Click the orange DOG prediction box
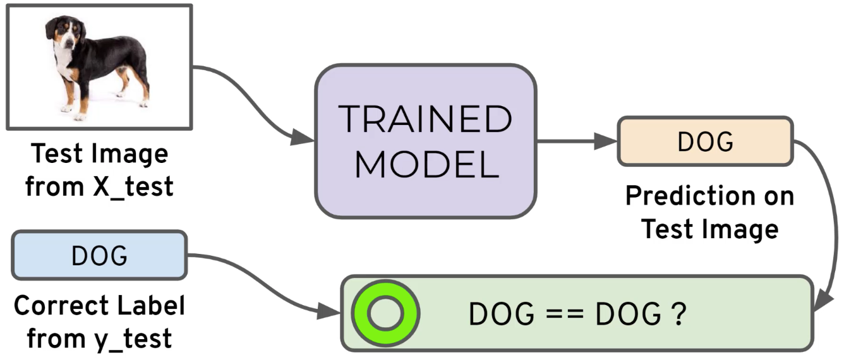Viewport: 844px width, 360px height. pos(704,141)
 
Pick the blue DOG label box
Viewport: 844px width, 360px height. pos(99,256)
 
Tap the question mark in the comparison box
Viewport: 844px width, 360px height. pos(678,314)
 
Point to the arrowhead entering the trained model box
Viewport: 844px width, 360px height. pos(305,140)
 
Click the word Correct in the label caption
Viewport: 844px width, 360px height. pos(61,307)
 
